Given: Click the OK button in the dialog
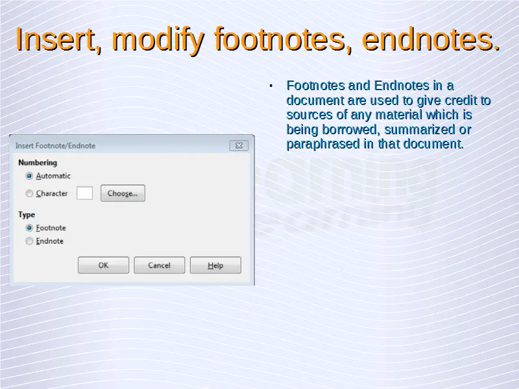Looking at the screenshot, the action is point(103,265).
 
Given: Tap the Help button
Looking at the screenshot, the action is point(215,265).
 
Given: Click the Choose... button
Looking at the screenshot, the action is point(123,193).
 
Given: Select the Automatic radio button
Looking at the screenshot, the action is point(29,176).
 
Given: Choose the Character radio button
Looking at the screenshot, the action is point(29,193).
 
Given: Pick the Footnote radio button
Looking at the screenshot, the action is point(29,228).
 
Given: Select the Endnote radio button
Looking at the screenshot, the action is point(29,241).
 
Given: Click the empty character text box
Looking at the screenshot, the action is point(84,193).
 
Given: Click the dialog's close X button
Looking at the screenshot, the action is point(239,145).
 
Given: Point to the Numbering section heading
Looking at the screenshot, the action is point(38,163).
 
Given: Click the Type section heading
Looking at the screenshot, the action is point(27,215).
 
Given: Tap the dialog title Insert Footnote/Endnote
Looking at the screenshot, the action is point(55,146).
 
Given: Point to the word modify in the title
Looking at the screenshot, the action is point(158,40).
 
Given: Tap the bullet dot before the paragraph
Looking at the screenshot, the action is point(271,86).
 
